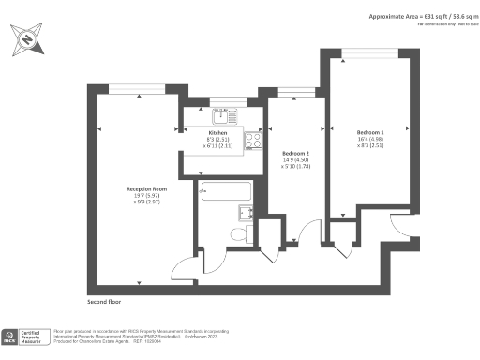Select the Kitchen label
click(x=218, y=133)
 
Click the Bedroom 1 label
click(x=370, y=132)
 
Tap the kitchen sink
click(x=222, y=115)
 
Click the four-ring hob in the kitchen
click(x=252, y=141)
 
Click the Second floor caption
click(x=104, y=303)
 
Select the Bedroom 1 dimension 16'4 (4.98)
click(x=370, y=139)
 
